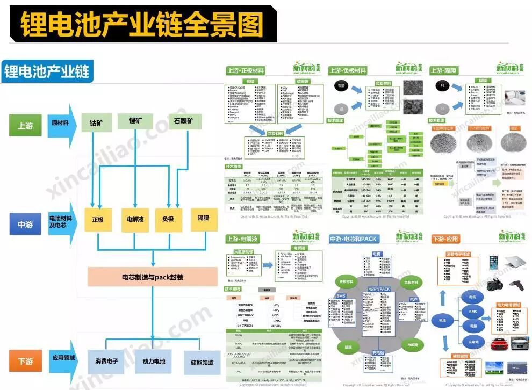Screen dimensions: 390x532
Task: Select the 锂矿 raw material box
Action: click(x=138, y=121)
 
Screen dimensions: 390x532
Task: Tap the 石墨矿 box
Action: click(x=184, y=122)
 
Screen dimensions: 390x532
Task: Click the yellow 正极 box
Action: click(x=97, y=220)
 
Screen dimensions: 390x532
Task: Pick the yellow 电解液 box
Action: click(x=134, y=220)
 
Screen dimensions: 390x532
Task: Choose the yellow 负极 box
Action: click(x=168, y=220)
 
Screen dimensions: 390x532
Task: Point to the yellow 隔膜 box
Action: click(x=203, y=218)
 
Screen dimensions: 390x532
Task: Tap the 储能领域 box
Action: click(x=202, y=363)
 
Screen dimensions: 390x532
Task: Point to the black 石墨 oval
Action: click(x=342, y=86)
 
